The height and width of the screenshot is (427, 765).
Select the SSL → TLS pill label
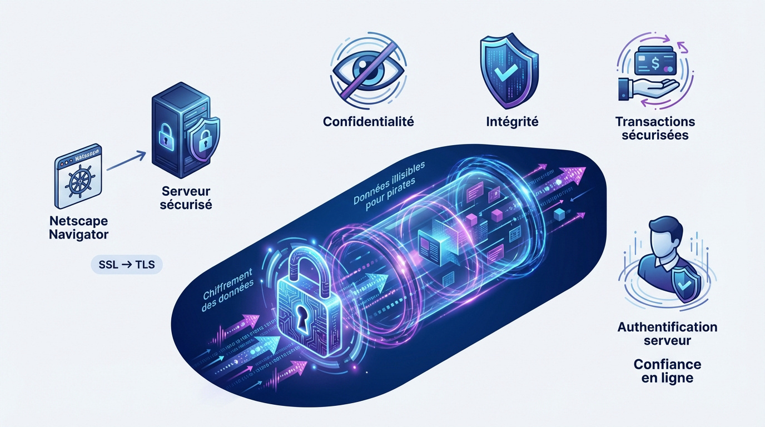(x=127, y=265)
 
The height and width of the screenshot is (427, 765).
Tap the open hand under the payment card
(x=648, y=89)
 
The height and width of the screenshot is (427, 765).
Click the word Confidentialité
(x=369, y=122)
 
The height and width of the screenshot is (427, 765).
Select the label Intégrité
(x=512, y=122)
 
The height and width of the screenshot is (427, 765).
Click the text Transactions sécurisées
(x=655, y=128)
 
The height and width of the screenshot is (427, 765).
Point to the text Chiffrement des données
(x=228, y=290)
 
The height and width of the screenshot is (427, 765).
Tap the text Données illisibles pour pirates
(x=390, y=186)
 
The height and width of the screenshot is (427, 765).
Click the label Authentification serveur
(x=667, y=334)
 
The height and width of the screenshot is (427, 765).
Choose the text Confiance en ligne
(x=667, y=371)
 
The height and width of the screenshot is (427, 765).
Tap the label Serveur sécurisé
(x=186, y=198)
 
